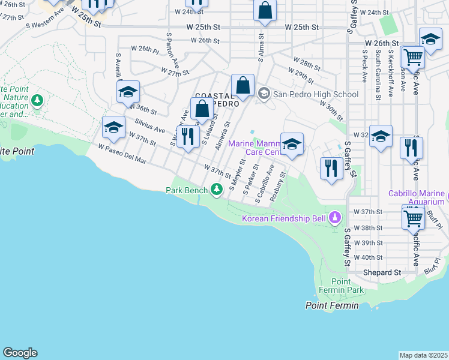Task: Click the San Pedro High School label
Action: (316, 94)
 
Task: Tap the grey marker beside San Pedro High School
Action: (264, 94)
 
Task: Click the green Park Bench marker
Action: (217, 190)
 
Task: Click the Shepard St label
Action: (382, 272)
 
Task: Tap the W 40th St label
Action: (368, 257)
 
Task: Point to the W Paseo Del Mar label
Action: (122, 153)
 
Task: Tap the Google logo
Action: (20, 353)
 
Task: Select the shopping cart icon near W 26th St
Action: (412, 58)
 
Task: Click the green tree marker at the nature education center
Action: (38, 99)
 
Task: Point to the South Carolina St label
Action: (378, 74)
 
